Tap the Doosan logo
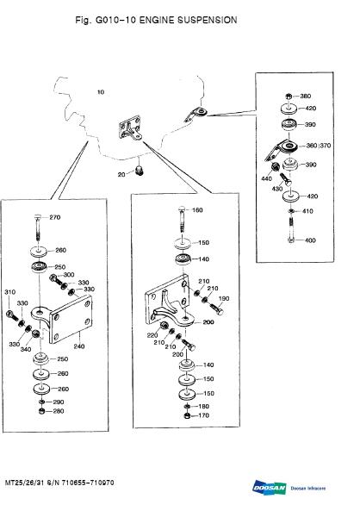[x=269, y=488]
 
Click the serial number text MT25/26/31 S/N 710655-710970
[x=59, y=483]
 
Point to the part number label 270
[x=55, y=217]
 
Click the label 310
[x=10, y=293]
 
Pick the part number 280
[x=59, y=411]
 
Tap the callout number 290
[x=59, y=402]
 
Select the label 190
[x=224, y=298]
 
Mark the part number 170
[x=204, y=415]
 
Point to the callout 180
[x=204, y=405]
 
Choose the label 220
[x=152, y=335]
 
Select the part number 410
[x=307, y=210]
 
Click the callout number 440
[x=266, y=178]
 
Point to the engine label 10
[x=101, y=91]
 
